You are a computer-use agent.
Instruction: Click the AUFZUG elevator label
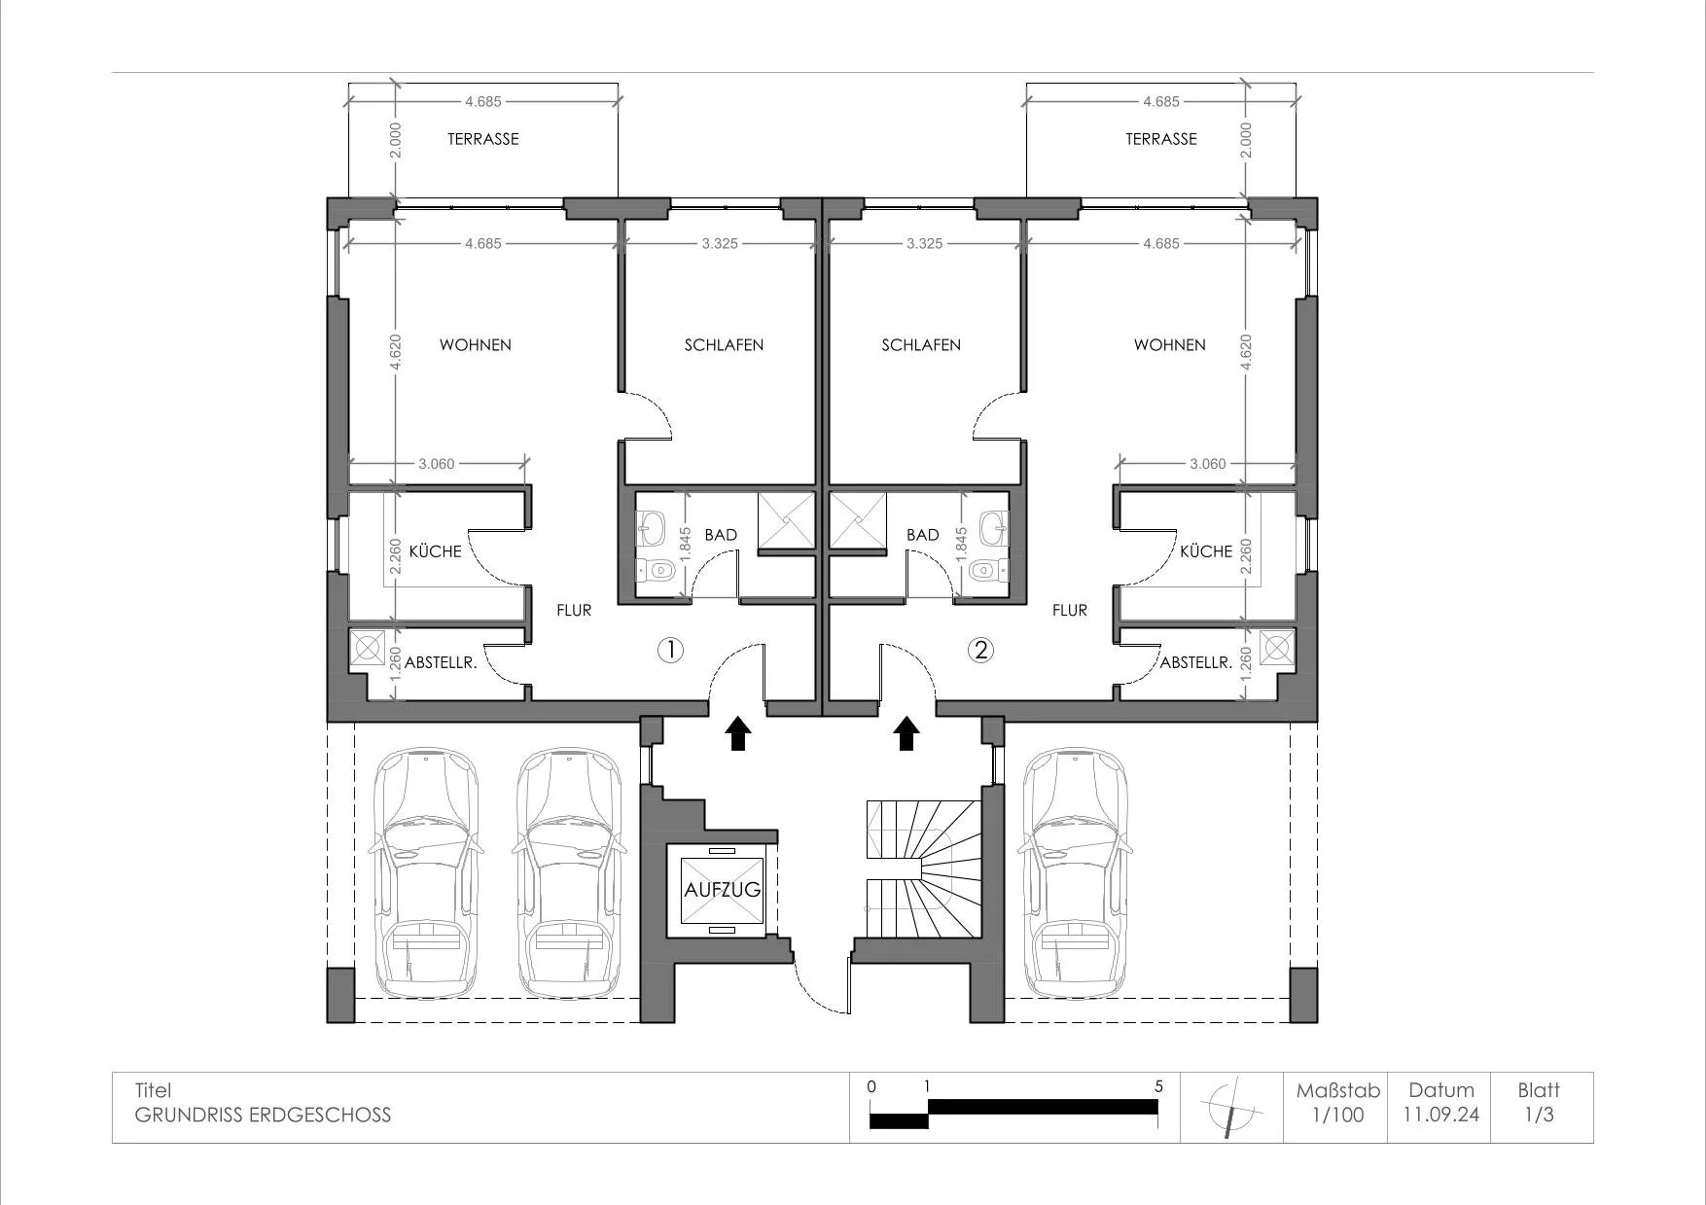pos(722,889)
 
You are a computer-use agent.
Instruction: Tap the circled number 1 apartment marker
pos(671,650)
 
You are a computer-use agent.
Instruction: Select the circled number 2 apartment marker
pos(980,650)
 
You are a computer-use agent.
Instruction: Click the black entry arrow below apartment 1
pos(737,733)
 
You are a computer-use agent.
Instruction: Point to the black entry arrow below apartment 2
pos(907,733)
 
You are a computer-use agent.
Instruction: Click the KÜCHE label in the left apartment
pos(435,551)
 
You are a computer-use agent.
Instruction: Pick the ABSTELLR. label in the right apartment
pos(1196,663)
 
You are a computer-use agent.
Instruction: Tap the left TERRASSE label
pos(482,139)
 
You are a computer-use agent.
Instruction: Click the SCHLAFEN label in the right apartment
pos(921,345)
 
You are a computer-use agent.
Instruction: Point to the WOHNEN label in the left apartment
pos(475,345)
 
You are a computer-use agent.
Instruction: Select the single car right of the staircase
pos(1075,872)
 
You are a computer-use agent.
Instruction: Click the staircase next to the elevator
pos(922,868)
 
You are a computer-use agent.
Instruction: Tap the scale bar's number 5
pos(1158,1086)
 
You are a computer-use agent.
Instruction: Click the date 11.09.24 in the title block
pos(1440,1115)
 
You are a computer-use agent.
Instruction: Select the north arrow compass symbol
pos(1231,1107)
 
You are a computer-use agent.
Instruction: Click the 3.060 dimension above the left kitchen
pos(437,464)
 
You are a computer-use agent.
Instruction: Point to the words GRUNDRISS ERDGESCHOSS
pos(263,1115)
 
